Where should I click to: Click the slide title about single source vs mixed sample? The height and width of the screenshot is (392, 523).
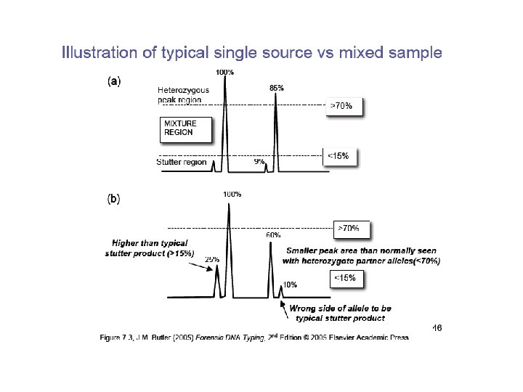[251, 53]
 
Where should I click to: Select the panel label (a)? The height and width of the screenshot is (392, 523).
[114, 81]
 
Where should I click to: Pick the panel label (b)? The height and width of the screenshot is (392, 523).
[114, 197]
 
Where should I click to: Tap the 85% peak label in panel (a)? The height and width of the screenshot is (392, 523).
[276, 88]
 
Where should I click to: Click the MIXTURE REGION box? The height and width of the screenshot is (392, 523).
[186, 128]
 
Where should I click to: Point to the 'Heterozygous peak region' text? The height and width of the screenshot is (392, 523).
[183, 95]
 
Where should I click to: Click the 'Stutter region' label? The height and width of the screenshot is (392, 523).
[181, 163]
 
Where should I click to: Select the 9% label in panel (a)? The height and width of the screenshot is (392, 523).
[259, 162]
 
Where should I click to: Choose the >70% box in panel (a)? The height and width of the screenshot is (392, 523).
[342, 106]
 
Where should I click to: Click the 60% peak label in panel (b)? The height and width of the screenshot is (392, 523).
[273, 235]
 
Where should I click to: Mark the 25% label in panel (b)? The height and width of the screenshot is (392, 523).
[212, 258]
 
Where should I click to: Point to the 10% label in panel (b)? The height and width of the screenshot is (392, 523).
[289, 285]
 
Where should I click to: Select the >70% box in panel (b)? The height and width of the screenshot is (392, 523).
[350, 229]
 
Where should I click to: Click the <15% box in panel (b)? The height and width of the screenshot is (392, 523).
[346, 278]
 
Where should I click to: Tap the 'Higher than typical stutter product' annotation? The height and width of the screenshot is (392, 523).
[150, 248]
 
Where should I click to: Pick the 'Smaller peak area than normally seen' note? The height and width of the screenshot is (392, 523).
[362, 255]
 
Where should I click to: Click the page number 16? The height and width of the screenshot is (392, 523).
[437, 328]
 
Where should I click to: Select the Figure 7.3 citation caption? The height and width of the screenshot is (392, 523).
[254, 337]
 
